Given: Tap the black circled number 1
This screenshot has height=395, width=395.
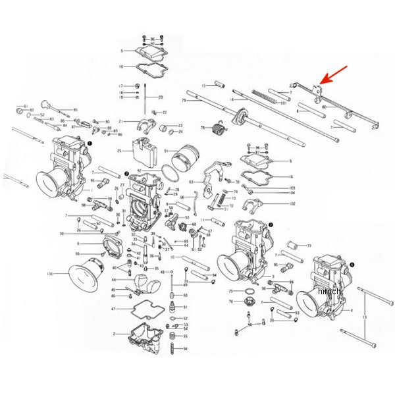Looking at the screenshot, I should click(x=90, y=141).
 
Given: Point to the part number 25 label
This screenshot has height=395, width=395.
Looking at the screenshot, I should click(x=120, y=151).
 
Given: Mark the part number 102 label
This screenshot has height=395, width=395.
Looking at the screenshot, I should click(x=292, y=203).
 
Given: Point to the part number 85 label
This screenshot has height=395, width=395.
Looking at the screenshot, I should click(x=75, y=109).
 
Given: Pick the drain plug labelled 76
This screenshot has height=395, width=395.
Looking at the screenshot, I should click(x=250, y=303).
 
